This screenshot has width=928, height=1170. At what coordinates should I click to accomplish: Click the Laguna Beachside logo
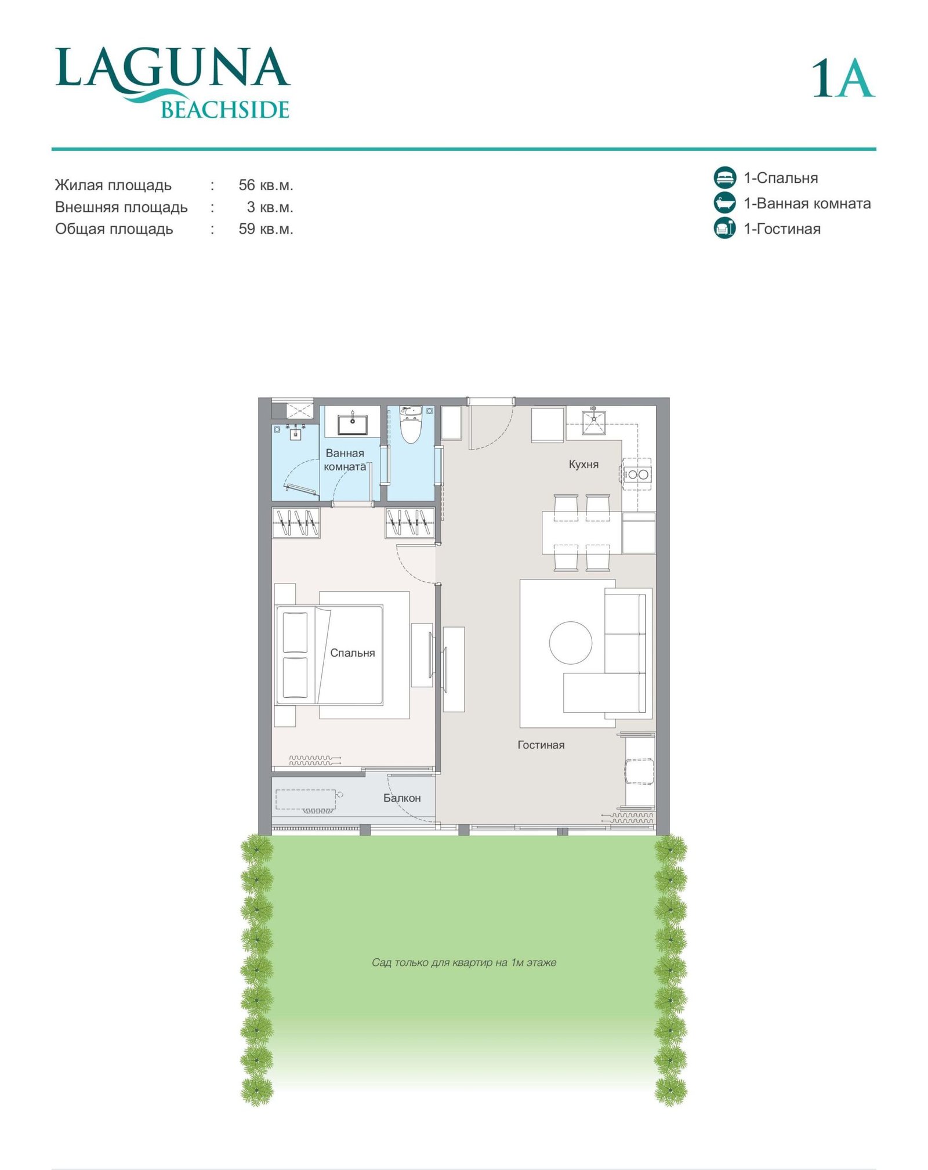tap(173, 83)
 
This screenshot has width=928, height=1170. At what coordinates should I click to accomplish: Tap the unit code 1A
tap(843, 78)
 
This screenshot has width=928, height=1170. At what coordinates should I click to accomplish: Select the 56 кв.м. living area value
tap(266, 185)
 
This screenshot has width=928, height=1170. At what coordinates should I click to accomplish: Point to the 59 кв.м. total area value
tap(266, 229)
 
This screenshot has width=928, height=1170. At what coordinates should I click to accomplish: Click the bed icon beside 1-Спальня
tap(724, 177)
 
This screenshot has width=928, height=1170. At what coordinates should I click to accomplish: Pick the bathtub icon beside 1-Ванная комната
tap(724, 203)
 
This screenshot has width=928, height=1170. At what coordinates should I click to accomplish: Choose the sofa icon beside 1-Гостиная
tap(724, 228)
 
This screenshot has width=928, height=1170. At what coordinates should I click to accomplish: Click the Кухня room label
tap(583, 464)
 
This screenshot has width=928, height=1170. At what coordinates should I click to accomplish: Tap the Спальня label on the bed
tap(353, 653)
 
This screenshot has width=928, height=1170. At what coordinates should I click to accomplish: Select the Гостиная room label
tap(541, 745)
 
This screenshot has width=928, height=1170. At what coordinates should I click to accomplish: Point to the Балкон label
tap(402, 798)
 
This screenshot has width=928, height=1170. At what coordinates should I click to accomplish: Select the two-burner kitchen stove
tap(637, 474)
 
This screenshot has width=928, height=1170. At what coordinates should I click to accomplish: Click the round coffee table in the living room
tap(571, 643)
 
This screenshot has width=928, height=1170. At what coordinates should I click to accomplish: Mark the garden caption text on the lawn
tap(464, 962)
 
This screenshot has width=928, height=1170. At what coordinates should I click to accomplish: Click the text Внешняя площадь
tap(121, 207)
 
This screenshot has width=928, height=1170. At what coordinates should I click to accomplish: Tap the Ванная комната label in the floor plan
tap(345, 460)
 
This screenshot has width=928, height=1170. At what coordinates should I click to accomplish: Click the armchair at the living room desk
tap(639, 771)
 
